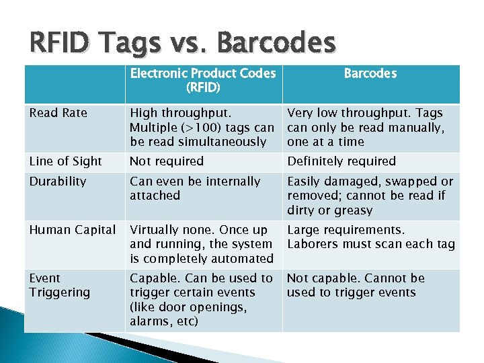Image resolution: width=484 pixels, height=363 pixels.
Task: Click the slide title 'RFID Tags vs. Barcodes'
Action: (182, 44)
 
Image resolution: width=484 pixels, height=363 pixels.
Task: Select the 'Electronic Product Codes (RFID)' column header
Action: (202, 80)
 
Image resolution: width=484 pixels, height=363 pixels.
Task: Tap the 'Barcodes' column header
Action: (370, 73)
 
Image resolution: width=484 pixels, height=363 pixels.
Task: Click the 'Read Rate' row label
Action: (58, 113)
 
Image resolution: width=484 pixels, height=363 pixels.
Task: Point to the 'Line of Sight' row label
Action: (66, 161)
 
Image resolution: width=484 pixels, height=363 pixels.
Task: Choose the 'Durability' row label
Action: (58, 182)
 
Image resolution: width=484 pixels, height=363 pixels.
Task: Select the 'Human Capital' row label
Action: (72, 230)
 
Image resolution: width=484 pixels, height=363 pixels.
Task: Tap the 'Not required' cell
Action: (166, 161)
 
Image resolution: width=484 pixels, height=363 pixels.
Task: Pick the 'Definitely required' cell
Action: (341, 161)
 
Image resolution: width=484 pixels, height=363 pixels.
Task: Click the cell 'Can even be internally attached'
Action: (194, 188)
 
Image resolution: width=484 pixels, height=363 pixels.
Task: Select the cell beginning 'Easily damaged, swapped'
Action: (370, 196)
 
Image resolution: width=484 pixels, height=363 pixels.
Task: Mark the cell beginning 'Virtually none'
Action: (201, 244)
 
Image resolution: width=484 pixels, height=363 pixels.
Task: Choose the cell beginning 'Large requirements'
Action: (370, 237)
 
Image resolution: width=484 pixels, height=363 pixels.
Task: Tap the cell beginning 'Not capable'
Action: (356, 285)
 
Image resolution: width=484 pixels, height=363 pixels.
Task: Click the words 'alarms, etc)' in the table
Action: (163, 321)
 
